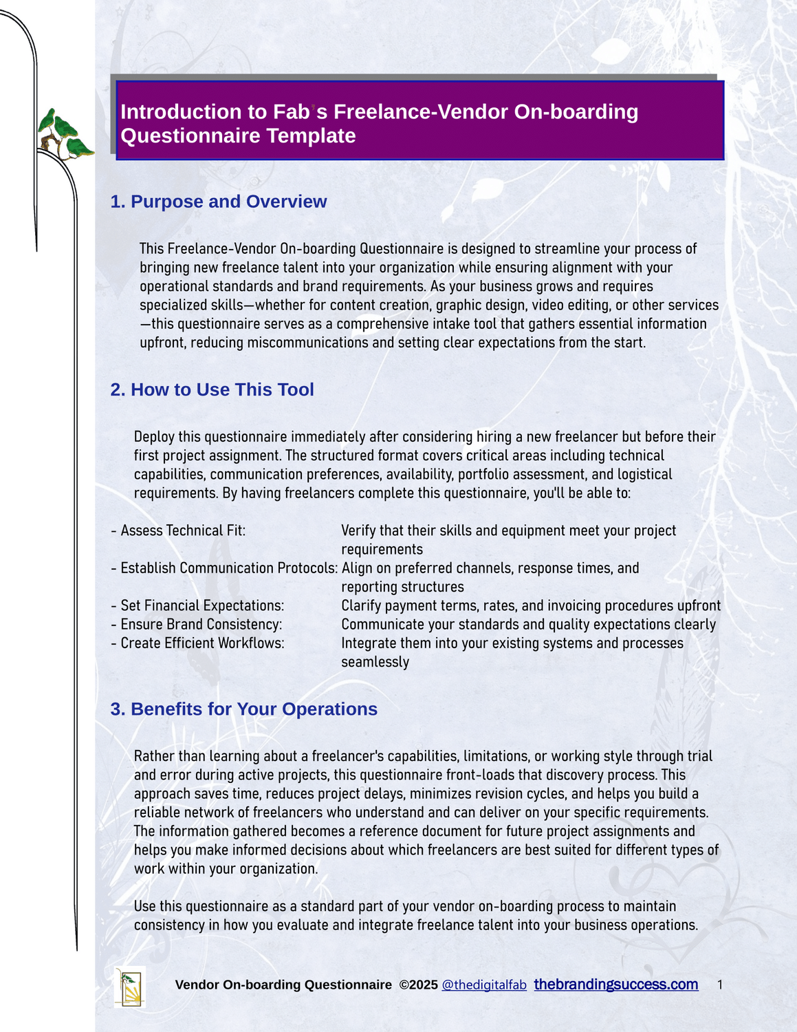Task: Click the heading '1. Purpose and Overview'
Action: tap(218, 202)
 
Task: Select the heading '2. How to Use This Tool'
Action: tap(212, 389)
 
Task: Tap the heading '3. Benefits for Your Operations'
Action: tap(243, 709)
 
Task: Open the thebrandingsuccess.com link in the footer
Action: tap(615, 985)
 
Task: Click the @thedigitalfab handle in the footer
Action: tap(484, 985)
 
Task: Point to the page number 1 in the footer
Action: tap(719, 985)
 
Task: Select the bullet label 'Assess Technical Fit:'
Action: tap(183, 530)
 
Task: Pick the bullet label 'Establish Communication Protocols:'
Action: tap(229, 568)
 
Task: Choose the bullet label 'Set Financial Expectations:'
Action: tap(202, 605)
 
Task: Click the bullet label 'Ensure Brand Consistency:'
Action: tap(201, 625)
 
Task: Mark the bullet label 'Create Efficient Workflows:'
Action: tap(202, 643)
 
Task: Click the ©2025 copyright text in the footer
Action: tap(418, 985)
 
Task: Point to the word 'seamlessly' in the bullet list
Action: tap(375, 663)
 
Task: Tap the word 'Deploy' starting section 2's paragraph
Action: tap(154, 437)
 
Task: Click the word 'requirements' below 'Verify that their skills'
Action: tap(382, 550)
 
